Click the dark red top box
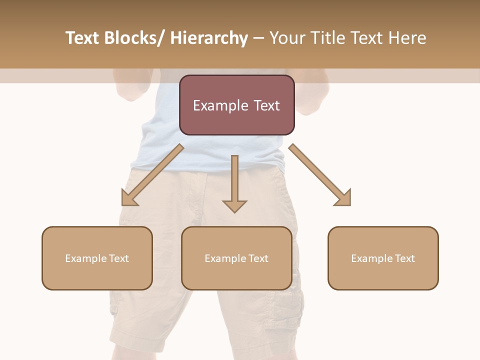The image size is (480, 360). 236,105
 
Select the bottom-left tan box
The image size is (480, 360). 97,258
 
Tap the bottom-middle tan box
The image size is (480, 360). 236,258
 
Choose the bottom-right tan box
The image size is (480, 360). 383,258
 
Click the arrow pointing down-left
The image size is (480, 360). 152,175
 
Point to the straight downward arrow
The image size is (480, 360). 234,183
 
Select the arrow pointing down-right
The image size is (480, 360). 320,175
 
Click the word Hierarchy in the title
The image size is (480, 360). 209,38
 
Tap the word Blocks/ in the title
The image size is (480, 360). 135,38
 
